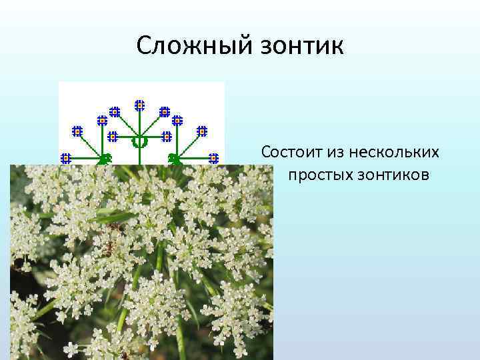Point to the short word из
click(335, 153)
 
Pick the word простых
click(320, 175)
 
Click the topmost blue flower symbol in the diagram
click(140, 105)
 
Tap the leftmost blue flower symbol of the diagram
click(66, 158)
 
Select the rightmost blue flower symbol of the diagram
click(213, 158)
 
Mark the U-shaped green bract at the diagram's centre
click(139, 142)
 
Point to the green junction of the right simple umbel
click(175, 159)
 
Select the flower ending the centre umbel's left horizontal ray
click(113, 137)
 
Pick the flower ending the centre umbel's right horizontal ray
click(167, 137)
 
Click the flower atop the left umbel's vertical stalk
click(102, 121)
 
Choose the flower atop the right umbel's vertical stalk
click(177, 121)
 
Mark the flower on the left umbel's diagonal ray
click(77, 131)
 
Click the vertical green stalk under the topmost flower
click(140, 123)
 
